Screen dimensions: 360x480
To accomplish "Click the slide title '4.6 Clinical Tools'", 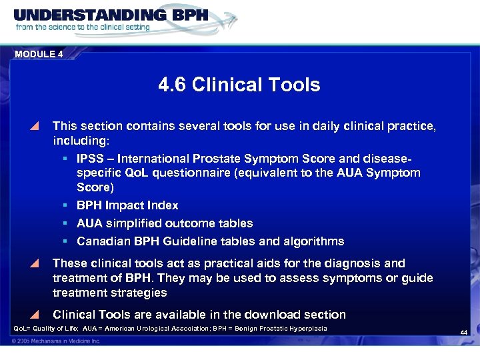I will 239,85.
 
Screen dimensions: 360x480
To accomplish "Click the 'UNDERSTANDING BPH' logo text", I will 111,15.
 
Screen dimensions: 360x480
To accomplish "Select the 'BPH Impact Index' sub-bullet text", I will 127,206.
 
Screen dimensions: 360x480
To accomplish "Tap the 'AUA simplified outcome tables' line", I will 165,223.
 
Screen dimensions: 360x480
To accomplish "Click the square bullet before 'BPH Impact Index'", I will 67,206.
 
